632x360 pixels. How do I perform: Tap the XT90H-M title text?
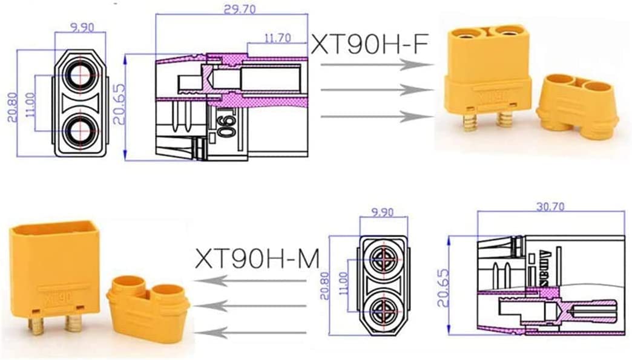[x=257, y=258]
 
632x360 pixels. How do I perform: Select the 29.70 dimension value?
[x=240, y=9]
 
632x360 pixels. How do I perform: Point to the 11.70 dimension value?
[x=278, y=38]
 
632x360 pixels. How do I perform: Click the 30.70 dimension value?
[x=551, y=206]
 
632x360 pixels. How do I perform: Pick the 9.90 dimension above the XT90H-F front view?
[x=82, y=27]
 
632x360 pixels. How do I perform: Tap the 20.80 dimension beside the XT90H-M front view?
[x=324, y=286]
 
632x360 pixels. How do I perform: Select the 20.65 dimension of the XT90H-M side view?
[x=443, y=288]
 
